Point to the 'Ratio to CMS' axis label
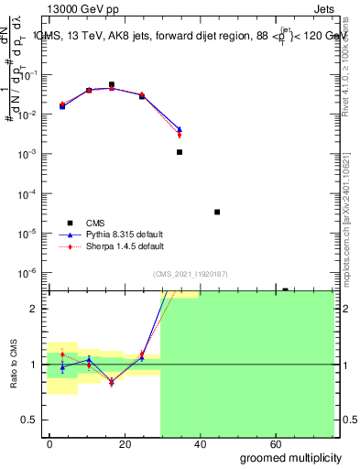[x=15, y=365]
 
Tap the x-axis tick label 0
[x=49, y=443]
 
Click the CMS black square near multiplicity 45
[x=217, y=212]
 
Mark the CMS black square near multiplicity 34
[x=180, y=152]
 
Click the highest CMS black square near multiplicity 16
[x=112, y=84]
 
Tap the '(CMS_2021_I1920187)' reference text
[x=189, y=274]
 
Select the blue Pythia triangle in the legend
[x=70, y=234]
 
